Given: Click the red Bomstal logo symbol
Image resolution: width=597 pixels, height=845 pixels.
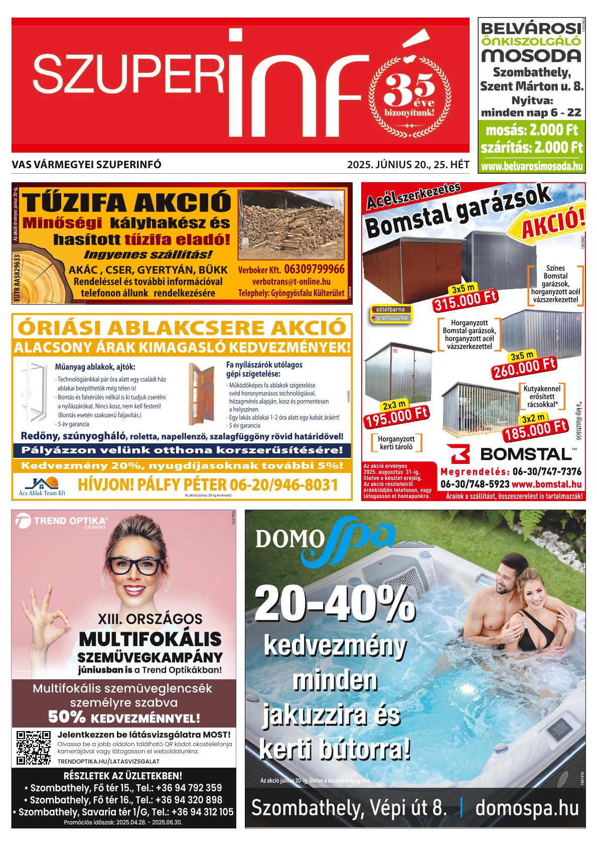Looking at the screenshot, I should tap(460, 454).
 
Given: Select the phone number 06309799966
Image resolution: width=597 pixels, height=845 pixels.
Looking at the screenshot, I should tap(314, 269).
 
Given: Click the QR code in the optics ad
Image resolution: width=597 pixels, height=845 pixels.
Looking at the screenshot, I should tap(34, 748).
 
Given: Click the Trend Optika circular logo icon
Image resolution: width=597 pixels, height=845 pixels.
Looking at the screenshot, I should tap(24, 522).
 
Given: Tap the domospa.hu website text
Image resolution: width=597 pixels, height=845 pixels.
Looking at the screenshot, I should tap(527, 808).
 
